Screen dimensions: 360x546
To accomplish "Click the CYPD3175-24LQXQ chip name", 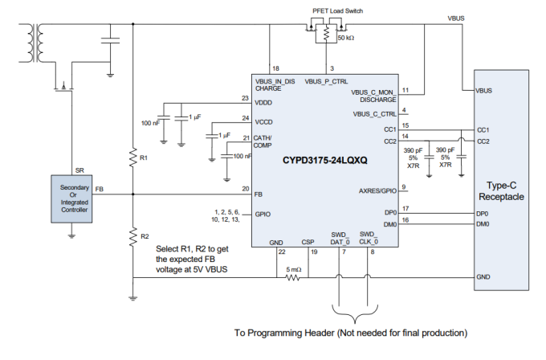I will (324, 161).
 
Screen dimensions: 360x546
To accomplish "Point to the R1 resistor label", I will (144, 158).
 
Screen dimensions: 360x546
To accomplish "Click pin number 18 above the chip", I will (275, 68).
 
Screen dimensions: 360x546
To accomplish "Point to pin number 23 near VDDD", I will (245, 98).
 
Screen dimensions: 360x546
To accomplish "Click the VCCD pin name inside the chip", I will (265, 122).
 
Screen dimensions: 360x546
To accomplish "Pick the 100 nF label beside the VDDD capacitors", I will (151, 122).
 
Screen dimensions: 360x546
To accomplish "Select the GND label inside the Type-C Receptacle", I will (483, 276).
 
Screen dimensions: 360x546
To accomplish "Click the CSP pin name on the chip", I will (308, 240).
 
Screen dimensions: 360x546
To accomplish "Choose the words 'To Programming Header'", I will (280, 331).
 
